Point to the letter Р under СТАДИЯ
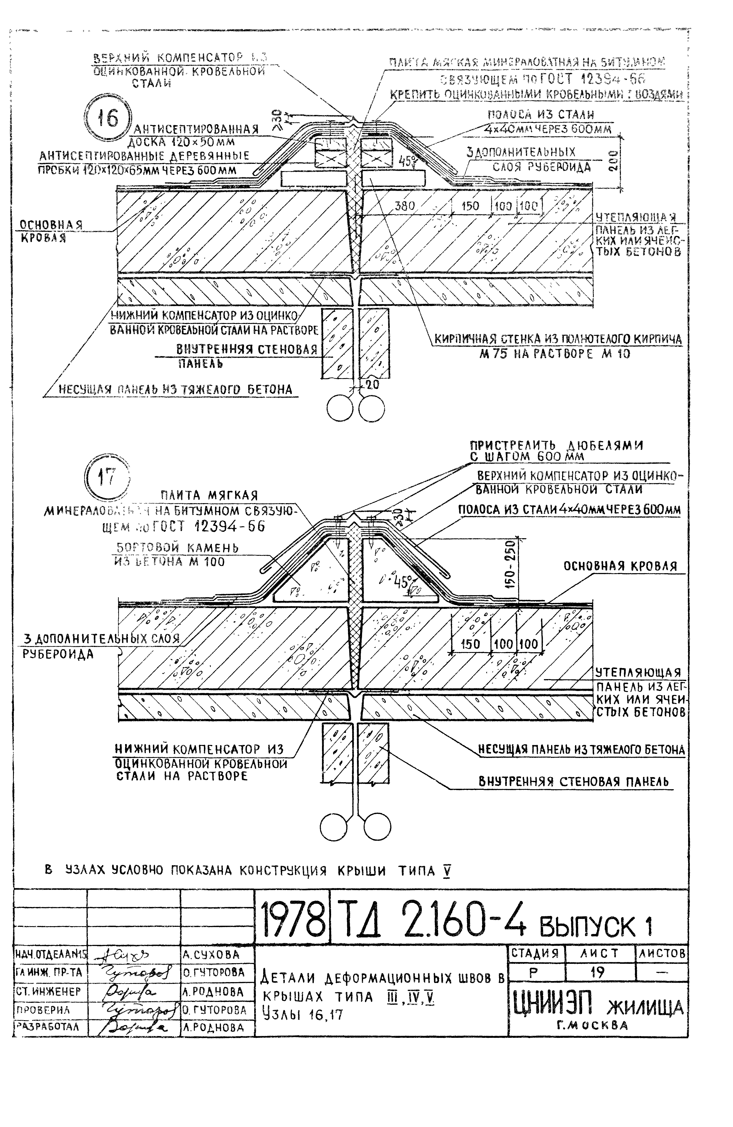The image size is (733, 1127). pyautogui.click(x=534, y=973)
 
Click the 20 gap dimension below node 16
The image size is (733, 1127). pyautogui.click(x=373, y=384)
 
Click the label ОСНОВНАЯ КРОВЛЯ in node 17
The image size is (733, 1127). pyautogui.click(x=620, y=566)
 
